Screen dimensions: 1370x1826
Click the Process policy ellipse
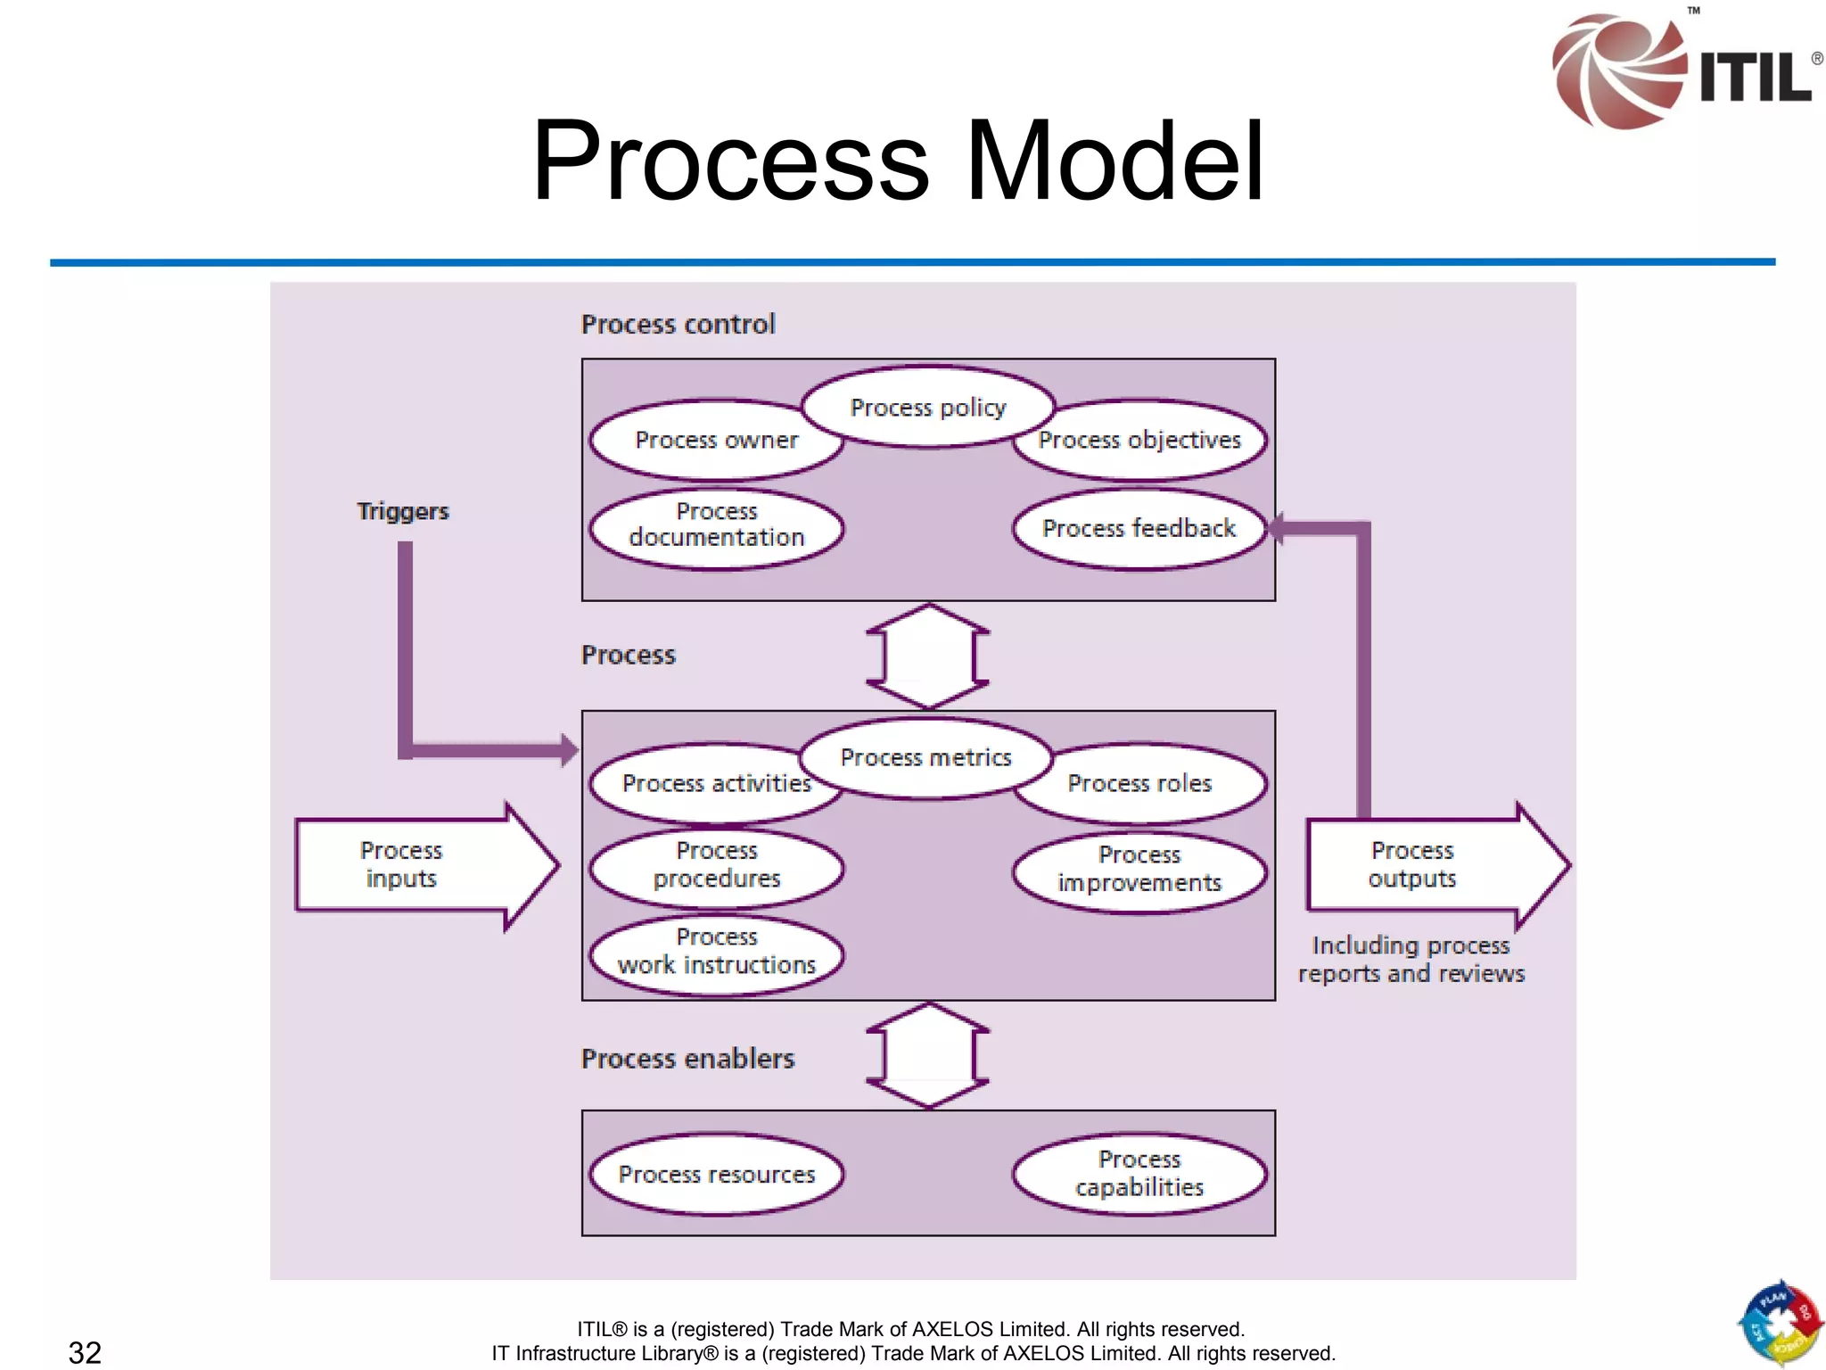[x=927, y=407]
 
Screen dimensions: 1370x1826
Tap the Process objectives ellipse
[x=1139, y=440]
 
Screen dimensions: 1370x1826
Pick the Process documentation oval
[x=716, y=524]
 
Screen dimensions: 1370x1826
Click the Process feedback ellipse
[x=1139, y=528]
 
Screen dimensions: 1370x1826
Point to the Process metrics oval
[x=925, y=757]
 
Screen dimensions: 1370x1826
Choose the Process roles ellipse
[x=1139, y=783]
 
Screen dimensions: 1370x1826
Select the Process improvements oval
[x=1139, y=869]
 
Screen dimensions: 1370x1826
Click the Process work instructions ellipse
[x=716, y=951]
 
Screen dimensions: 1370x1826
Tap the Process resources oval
[x=716, y=1174]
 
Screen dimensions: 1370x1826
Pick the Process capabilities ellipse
[x=1139, y=1173]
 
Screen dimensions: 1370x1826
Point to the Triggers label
[x=403, y=511]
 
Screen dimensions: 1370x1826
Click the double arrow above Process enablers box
[x=928, y=1056]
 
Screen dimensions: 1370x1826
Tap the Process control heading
[x=678, y=324]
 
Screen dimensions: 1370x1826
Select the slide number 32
[x=85, y=1352]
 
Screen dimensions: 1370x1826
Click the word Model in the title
[x=1115, y=161]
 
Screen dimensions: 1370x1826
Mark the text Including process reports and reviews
[x=1411, y=959]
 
